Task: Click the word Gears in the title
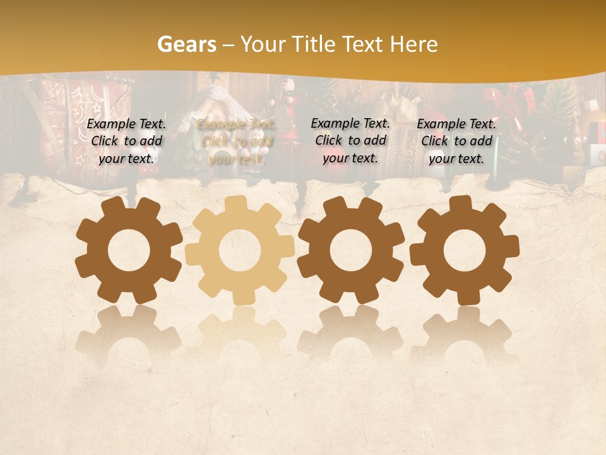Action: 186,44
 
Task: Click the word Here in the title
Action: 413,44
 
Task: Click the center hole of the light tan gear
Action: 240,250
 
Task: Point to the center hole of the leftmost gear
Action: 129,250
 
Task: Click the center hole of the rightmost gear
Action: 464,250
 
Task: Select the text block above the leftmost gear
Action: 126,141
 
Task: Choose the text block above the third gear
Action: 350,140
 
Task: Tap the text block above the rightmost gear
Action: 456,141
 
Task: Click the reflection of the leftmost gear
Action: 129,332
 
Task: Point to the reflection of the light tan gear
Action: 240,332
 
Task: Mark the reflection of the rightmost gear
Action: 464,332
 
